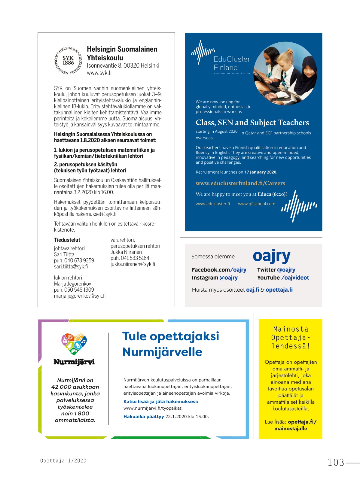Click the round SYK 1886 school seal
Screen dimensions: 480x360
[x=68, y=60]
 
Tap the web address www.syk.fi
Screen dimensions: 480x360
[x=99, y=73]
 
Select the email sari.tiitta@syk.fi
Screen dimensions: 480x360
[x=71, y=266]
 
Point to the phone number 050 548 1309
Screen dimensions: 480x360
[x=79, y=290]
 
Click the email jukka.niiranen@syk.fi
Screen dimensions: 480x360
[x=133, y=264]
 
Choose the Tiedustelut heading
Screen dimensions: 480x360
[x=67, y=240]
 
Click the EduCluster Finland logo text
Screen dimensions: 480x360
[x=232, y=63]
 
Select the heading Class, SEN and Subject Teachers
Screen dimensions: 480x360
[x=252, y=123]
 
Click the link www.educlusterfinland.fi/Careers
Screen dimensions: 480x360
[x=240, y=183]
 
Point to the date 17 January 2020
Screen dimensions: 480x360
[x=260, y=172]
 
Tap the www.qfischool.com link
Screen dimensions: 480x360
[x=256, y=204]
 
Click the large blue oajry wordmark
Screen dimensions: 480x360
[x=271, y=256]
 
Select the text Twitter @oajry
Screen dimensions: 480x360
[x=276, y=270]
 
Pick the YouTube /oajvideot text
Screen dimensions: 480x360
[x=283, y=278]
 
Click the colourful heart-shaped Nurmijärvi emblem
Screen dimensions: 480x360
[x=74, y=344]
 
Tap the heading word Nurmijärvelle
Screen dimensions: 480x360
[x=162, y=352]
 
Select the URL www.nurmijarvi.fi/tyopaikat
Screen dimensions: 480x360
[x=152, y=408]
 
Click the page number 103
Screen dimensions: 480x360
[x=336, y=462]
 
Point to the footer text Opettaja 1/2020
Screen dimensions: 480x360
[x=63, y=461]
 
